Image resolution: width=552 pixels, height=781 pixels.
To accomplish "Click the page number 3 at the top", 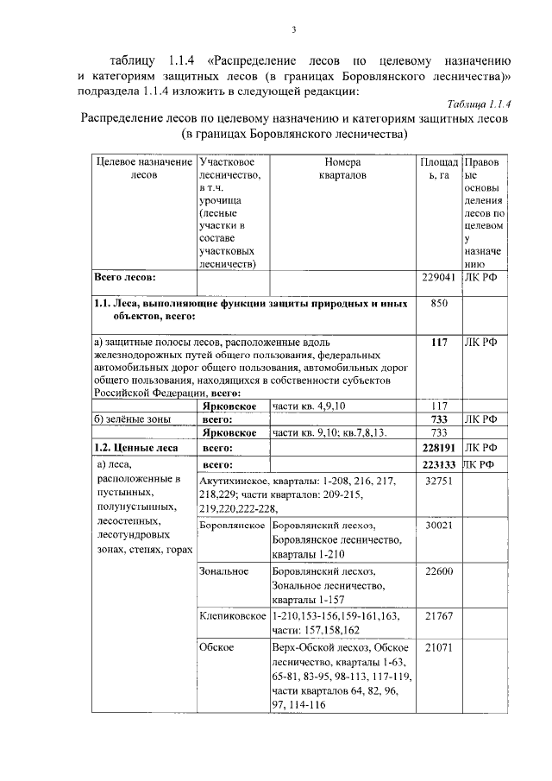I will coord(293,31).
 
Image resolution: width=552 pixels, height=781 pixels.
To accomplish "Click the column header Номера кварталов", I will coord(342,168).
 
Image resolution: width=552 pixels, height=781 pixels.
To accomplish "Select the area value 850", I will coord(438,304).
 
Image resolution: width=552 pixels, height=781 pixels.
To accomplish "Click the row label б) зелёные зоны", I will coord(130,419).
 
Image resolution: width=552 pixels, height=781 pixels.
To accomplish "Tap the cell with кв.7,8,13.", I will coord(364,432).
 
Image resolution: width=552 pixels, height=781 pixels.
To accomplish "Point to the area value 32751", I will coord(438,480).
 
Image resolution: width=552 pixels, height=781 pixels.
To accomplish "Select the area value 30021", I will coord(438,525).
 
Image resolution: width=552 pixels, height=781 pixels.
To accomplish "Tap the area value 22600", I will coord(438,570).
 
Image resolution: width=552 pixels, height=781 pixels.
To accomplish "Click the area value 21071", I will coord(438,646).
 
